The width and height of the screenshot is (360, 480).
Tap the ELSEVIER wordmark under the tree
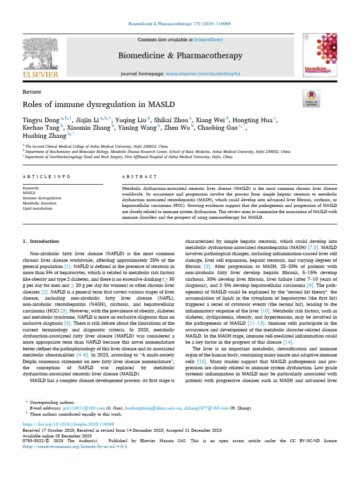tap(41, 75)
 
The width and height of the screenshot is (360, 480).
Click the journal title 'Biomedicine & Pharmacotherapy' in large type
tap(180, 56)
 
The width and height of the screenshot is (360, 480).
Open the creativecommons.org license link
tap(75, 446)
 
